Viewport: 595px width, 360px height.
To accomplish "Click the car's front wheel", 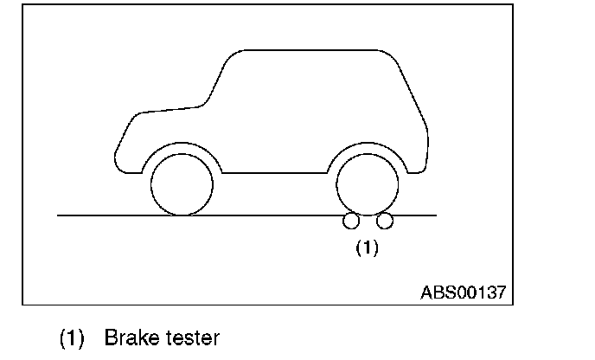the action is pyautogui.click(x=182, y=184).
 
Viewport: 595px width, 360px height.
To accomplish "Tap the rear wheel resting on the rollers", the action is pyautogui.click(x=368, y=184).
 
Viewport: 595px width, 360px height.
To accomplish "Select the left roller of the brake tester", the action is pyautogui.click(x=351, y=222).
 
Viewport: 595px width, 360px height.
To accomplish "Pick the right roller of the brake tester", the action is pyautogui.click(x=385, y=222).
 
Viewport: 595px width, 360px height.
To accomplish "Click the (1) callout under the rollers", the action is pyautogui.click(x=368, y=248).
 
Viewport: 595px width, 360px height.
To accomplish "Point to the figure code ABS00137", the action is pyautogui.click(x=463, y=291).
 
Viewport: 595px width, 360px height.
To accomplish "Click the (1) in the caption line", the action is pyautogui.click(x=72, y=337).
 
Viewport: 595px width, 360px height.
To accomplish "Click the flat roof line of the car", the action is pyautogui.click(x=311, y=50).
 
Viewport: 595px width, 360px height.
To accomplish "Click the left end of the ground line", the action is pyautogui.click(x=59, y=215).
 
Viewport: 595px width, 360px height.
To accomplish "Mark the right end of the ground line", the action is pyautogui.click(x=436, y=215).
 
